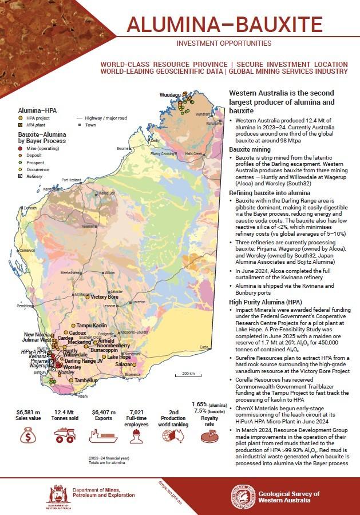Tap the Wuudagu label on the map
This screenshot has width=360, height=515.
(170, 94)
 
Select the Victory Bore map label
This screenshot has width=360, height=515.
(105, 297)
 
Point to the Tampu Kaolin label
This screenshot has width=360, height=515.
(92, 325)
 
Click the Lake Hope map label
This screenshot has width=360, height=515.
(119, 357)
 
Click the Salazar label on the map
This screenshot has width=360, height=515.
(124, 365)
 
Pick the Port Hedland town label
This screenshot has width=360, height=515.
(73, 179)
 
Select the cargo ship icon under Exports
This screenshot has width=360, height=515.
(104, 437)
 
